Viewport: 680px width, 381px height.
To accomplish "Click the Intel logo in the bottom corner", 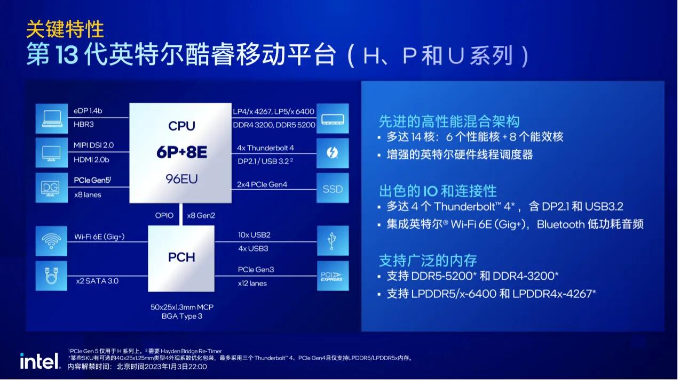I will tap(40, 362).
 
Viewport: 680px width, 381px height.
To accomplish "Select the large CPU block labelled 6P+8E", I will tap(181, 153).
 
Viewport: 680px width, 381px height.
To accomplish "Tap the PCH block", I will tap(181, 258).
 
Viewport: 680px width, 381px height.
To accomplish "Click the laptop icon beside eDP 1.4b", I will tap(52, 118).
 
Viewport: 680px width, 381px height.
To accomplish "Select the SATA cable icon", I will tap(52, 276).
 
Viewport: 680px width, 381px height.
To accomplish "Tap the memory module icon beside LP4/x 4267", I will tap(333, 118).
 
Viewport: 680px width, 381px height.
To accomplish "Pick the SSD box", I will tap(333, 189).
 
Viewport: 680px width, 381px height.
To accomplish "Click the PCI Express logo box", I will tap(333, 276).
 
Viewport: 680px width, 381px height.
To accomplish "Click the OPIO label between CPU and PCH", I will tap(164, 215).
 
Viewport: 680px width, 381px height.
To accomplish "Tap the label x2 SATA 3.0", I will tap(97, 281).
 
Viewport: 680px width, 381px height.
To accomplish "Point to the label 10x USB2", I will tap(254, 234).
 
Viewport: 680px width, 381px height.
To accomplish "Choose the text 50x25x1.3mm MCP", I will tap(181, 307).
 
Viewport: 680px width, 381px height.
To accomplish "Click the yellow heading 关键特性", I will tap(65, 29).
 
